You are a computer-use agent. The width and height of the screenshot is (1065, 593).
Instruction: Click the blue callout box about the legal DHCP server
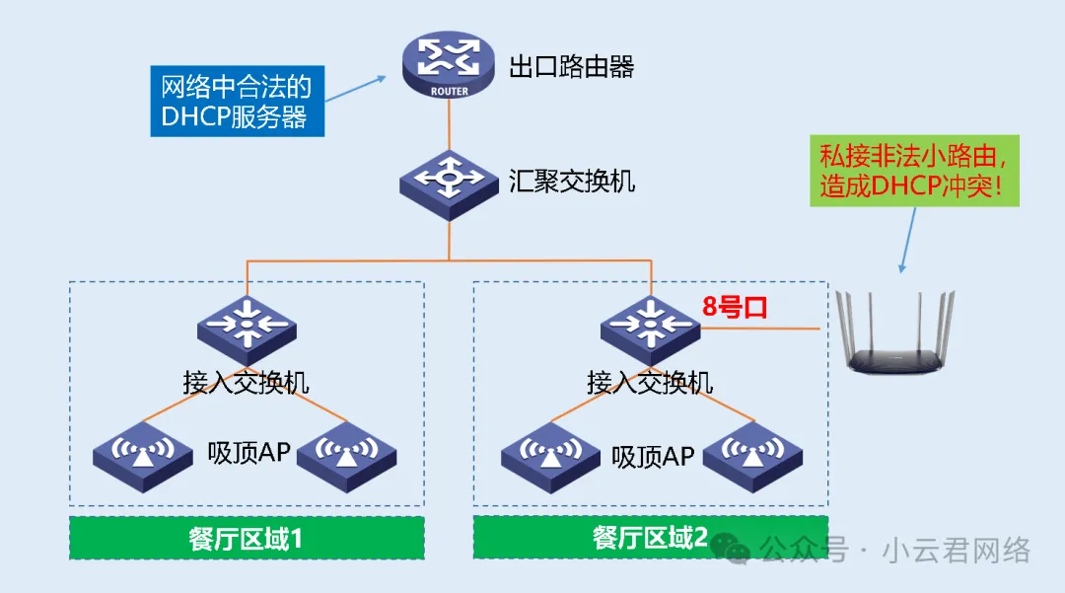[x=236, y=102]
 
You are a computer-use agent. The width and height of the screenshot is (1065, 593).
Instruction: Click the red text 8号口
[x=735, y=307]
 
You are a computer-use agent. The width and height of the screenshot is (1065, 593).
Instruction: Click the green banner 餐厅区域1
[x=246, y=538]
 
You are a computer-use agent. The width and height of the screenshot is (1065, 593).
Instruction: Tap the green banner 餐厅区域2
[x=650, y=538]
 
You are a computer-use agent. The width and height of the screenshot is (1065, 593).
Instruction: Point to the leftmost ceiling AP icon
[x=144, y=456]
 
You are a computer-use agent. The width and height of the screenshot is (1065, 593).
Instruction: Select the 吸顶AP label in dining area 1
[x=248, y=453]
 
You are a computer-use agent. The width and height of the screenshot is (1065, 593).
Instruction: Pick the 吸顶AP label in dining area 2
[x=653, y=457]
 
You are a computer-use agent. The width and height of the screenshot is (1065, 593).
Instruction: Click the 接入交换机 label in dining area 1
[x=247, y=382]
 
